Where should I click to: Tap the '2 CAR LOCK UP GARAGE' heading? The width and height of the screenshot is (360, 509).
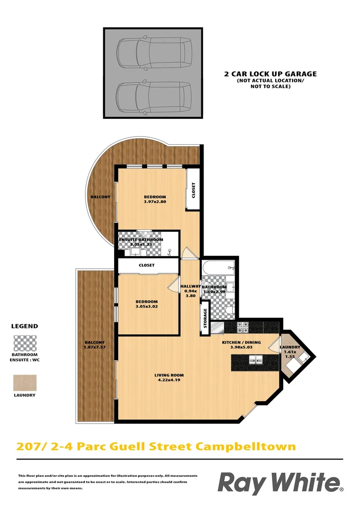click(x=270, y=74)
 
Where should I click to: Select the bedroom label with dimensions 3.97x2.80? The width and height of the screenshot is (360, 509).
click(x=155, y=199)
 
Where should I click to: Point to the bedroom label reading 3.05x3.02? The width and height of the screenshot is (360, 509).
click(x=147, y=304)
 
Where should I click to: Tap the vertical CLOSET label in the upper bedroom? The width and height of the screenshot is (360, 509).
click(x=193, y=190)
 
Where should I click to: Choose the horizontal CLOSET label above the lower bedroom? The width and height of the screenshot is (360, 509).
click(x=147, y=265)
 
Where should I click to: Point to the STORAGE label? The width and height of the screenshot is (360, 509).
click(x=205, y=319)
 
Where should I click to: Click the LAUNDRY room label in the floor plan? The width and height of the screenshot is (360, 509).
click(x=289, y=352)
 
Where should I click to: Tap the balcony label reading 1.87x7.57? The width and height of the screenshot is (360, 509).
click(x=95, y=345)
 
